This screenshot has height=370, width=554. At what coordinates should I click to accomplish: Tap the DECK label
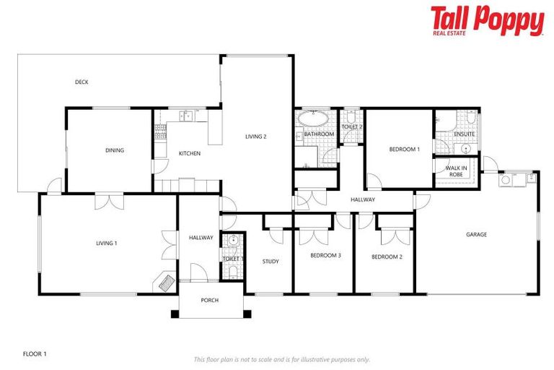[x=82, y=82]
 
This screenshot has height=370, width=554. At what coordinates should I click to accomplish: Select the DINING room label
[x=115, y=150]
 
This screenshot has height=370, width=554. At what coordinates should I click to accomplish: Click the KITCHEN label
[x=190, y=153]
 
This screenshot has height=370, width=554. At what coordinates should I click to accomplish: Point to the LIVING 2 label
[x=256, y=136]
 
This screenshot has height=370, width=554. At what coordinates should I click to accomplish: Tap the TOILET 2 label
[x=351, y=127]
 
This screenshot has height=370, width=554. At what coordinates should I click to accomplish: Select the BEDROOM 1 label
[x=404, y=150]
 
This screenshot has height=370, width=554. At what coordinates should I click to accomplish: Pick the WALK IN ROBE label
[x=456, y=171]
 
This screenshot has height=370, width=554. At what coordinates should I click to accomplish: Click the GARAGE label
[x=476, y=234]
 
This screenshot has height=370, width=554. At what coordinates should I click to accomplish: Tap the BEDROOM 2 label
[x=387, y=257]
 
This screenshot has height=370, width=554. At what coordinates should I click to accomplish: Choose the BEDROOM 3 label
[x=325, y=256]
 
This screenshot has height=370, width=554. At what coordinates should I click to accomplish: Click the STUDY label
[x=271, y=262]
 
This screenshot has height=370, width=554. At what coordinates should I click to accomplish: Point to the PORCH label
[x=209, y=300]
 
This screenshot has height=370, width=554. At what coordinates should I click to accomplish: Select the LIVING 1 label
[x=106, y=244]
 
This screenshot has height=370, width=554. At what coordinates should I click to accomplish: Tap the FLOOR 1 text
[x=35, y=354]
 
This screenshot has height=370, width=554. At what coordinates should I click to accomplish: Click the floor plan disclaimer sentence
[x=281, y=359]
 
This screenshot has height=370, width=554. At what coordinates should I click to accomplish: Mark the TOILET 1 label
[x=233, y=259]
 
